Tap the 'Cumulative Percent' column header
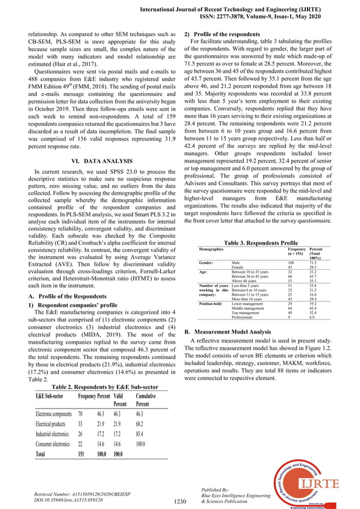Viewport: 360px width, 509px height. (145, 400)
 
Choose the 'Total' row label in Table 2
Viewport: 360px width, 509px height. (41, 454)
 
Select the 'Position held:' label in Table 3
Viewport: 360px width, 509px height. (213, 303)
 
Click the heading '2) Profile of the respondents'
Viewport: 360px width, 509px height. (225, 34)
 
